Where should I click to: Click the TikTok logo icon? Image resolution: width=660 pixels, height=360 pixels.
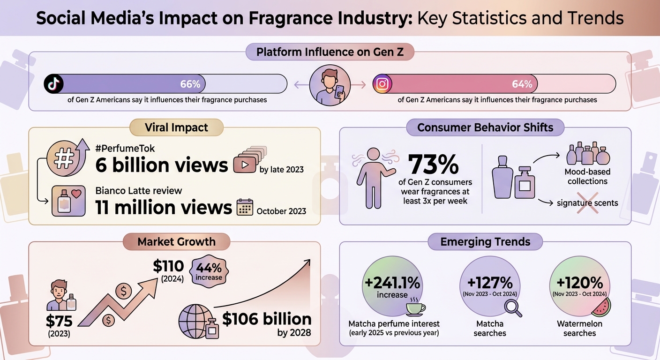pyautogui.click(x=53, y=84)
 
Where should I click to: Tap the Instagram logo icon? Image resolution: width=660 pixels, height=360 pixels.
pyautogui.click(x=382, y=84)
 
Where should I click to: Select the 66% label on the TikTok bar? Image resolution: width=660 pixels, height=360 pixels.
pyautogui.click(x=190, y=84)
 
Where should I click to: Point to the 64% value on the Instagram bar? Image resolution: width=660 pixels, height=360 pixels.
pyautogui.click(x=522, y=84)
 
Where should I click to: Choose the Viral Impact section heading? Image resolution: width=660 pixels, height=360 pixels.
pyautogui.click(x=176, y=127)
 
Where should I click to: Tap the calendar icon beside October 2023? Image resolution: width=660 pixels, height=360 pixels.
pyautogui.click(x=245, y=207)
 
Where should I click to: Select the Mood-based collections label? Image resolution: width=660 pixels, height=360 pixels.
pyautogui.click(x=587, y=176)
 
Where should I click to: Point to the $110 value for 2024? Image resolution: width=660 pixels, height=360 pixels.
pyautogui.click(x=168, y=266)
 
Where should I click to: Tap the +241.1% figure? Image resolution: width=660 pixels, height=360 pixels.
pyautogui.click(x=392, y=284)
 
